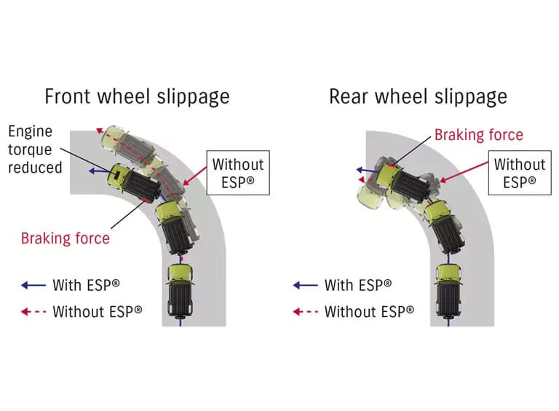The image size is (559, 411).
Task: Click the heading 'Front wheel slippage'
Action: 138,97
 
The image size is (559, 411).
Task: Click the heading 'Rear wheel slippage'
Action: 419,97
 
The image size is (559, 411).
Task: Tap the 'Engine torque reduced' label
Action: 35,149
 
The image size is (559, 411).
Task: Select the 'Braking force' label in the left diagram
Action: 66,238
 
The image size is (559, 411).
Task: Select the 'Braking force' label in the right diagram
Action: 479,135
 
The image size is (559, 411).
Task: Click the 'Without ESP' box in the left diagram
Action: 238,173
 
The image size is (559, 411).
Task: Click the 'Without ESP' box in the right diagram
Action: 520,173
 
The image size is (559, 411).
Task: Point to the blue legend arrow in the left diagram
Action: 33,285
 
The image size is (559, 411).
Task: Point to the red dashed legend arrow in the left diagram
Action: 33,312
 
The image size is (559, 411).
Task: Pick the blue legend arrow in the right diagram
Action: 306,285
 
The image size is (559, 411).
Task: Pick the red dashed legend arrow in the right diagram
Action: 306,312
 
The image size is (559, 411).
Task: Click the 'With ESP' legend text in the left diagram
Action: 87,285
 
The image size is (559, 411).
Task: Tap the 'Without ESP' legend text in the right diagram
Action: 369,311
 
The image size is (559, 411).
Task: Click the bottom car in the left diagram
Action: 181,291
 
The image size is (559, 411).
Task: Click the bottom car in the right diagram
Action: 448,291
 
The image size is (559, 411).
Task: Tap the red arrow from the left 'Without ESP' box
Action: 194,176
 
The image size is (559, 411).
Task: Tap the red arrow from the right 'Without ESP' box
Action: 464,172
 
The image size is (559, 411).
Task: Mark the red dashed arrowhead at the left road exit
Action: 100,130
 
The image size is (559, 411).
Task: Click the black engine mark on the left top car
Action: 116,173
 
